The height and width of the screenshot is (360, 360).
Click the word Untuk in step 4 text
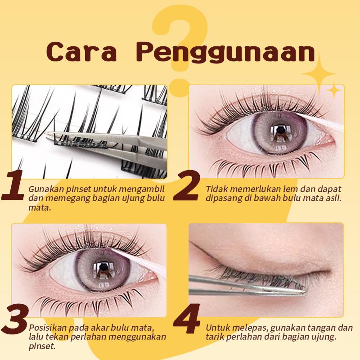pos(217,328)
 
